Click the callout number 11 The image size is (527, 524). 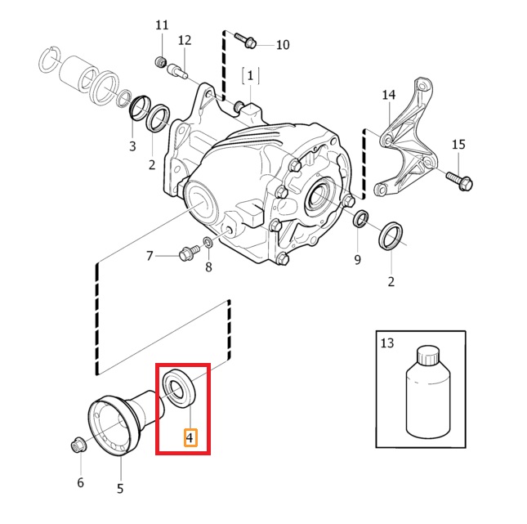[161, 25]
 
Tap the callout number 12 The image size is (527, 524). [184, 40]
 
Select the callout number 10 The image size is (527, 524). [282, 44]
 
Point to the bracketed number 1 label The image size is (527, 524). [250, 76]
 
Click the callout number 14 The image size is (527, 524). [388, 95]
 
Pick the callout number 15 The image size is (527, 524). [458, 145]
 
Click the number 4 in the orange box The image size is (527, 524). [190, 438]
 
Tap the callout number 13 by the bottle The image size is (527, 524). [387, 344]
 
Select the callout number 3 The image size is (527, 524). [132, 146]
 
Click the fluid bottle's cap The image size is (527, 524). [429, 356]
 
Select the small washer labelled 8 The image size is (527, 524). [208, 244]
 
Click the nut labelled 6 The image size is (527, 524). [78, 446]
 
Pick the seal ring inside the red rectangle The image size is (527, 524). [178, 387]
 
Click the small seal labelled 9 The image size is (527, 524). [360, 219]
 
